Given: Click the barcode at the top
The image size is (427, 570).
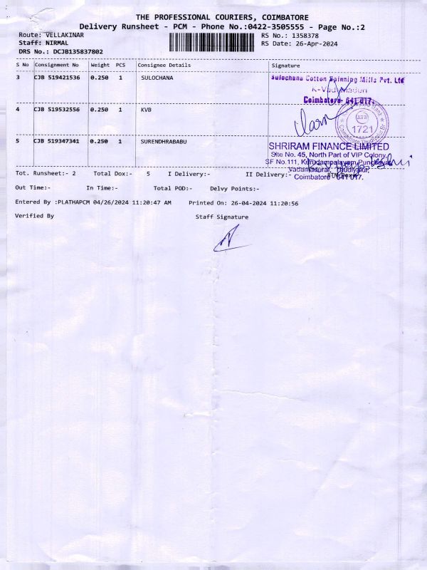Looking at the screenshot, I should (x=213, y=42).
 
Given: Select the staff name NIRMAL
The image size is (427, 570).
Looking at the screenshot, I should (x=57, y=43).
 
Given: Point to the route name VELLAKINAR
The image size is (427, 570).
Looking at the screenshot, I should (x=65, y=35).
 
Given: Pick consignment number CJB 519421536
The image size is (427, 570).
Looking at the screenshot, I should (x=57, y=78).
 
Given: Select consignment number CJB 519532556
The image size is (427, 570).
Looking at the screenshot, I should (x=57, y=110).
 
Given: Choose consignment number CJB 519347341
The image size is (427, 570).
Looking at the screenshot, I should (x=57, y=142).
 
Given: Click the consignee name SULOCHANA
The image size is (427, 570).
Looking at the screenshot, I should (x=157, y=78).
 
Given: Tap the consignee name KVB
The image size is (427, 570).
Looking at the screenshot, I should (x=146, y=110).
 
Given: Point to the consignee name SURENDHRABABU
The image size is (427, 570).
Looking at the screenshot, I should (x=164, y=142).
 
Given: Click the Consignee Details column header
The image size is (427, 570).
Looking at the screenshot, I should (x=164, y=65).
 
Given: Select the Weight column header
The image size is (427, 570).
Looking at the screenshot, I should (x=100, y=65).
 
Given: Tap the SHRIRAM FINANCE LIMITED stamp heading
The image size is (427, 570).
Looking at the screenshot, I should (x=329, y=146).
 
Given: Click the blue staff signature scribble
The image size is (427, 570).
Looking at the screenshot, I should (x=229, y=239).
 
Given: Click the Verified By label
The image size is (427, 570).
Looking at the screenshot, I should (x=34, y=215).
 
